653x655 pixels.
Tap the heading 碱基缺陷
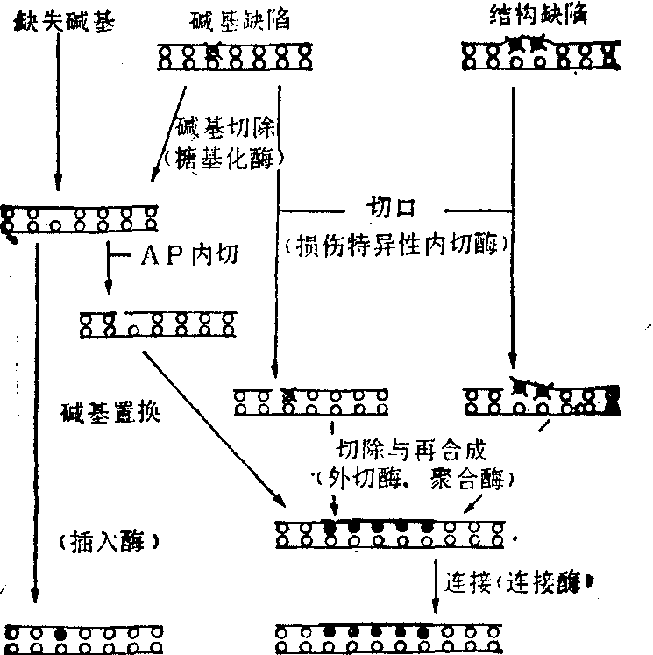click(x=232, y=18)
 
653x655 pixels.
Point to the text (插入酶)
click(x=109, y=541)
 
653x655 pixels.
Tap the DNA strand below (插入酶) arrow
click(x=84, y=637)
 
